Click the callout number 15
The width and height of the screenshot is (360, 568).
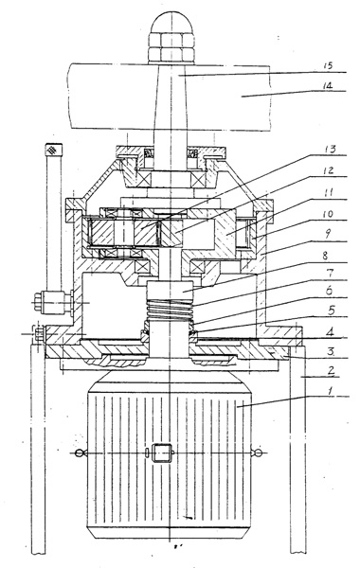pyautogui.click(x=328, y=65)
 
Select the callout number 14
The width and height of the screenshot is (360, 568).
pyautogui.click(x=328, y=86)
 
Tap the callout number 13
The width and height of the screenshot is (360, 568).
pyautogui.click(x=331, y=149)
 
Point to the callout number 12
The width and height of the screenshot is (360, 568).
pyautogui.click(x=329, y=170)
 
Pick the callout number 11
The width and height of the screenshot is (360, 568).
pyautogui.click(x=328, y=192)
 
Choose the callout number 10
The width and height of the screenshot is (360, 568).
pyautogui.click(x=327, y=213)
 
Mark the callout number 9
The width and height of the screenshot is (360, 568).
pyautogui.click(x=326, y=235)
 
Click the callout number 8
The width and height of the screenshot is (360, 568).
pyautogui.click(x=325, y=256)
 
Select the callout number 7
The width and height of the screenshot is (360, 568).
pyautogui.click(x=330, y=273)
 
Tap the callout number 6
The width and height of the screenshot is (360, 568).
pyautogui.click(x=329, y=291)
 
